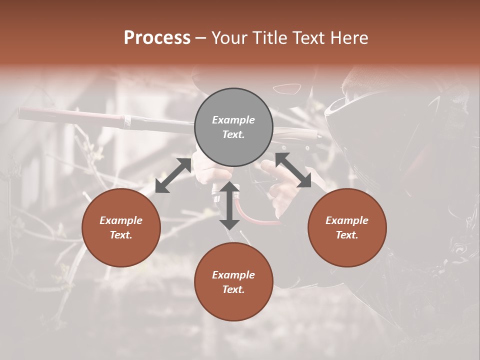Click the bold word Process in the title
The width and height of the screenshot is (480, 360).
point(157,38)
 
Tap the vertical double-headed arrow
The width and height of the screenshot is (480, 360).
point(229,205)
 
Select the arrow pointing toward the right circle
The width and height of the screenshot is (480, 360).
point(293,170)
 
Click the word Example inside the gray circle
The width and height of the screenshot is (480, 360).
point(233,120)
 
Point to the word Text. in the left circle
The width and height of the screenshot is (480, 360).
point(121,235)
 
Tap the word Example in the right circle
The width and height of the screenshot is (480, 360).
point(347,220)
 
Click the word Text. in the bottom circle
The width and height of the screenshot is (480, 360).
point(233,289)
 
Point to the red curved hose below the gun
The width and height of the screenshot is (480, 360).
point(255,218)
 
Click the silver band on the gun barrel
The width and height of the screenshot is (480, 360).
point(127,120)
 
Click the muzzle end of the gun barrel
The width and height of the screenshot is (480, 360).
point(21,113)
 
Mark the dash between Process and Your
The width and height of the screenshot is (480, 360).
point(201,38)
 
